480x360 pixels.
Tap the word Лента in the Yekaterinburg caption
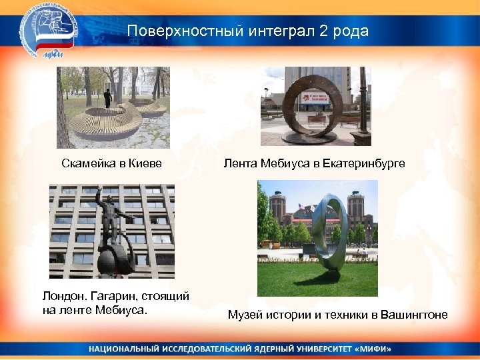238,163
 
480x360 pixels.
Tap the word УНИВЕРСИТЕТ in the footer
313,349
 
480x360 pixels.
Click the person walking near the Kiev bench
107,99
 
